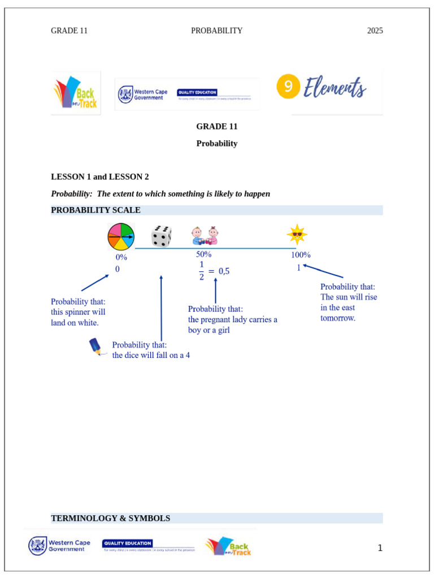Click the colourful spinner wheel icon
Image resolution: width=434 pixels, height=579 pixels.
point(121,236)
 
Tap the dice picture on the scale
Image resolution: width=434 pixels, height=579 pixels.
point(162,236)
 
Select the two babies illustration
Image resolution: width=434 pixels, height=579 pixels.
point(205,235)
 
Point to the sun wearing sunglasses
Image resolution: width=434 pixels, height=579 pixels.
point(297,234)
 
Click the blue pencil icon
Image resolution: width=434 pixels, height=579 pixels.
point(97,347)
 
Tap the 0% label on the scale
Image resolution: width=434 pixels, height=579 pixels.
point(121,257)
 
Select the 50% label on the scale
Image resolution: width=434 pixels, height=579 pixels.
point(204,254)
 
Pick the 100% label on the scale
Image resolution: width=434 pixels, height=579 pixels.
point(301,255)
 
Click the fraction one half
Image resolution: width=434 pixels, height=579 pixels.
point(201,271)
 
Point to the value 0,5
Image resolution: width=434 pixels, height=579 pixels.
point(224,271)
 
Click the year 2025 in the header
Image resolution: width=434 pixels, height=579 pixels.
point(375,31)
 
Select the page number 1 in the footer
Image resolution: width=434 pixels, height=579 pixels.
point(380,548)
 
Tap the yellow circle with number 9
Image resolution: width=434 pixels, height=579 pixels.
point(288,87)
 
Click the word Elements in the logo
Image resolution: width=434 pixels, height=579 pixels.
point(335,88)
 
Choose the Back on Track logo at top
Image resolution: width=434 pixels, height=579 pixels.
point(76,93)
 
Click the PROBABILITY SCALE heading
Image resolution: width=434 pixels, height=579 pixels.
point(96,210)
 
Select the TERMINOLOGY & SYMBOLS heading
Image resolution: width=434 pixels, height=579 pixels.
point(110,518)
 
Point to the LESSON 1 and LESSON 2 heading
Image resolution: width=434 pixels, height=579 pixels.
point(100,177)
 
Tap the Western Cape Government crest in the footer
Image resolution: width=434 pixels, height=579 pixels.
point(38,546)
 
